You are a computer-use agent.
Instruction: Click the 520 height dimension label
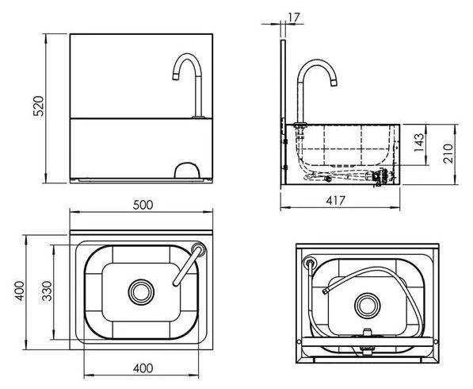[x=38, y=106]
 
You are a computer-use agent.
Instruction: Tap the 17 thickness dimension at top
[x=294, y=17]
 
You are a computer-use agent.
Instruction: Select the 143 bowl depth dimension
[x=418, y=143]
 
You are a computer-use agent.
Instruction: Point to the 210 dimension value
[x=448, y=153]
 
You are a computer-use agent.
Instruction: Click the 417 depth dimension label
[x=335, y=200]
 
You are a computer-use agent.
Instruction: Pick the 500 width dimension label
[x=143, y=205]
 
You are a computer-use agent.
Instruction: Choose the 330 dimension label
[x=47, y=291]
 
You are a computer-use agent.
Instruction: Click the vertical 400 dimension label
[x=20, y=291]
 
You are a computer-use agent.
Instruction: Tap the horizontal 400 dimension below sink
[x=143, y=368]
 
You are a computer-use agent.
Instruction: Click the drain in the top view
[x=141, y=292]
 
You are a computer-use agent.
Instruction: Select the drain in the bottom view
[x=368, y=306]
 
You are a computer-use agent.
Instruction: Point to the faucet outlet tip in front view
[x=176, y=77]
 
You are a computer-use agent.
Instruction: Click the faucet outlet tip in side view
[x=334, y=83]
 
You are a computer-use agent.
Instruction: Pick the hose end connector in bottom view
[x=325, y=291]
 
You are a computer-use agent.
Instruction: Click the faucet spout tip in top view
[x=176, y=283]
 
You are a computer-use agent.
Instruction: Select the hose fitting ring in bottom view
[x=309, y=262]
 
